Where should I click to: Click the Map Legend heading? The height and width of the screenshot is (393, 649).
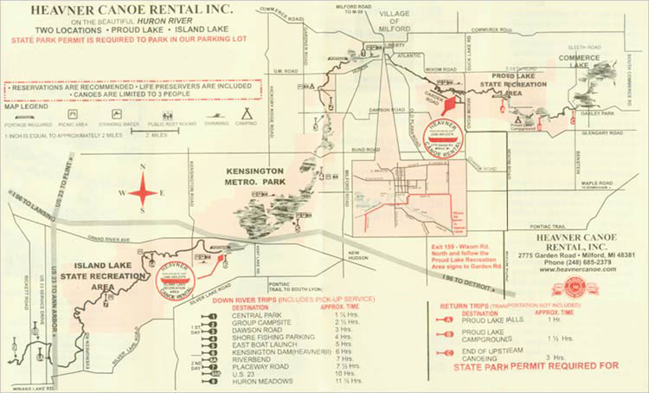click(23, 106)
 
